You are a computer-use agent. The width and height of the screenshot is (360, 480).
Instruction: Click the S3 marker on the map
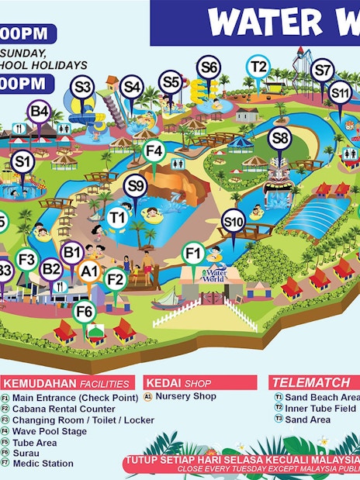coord(82,87)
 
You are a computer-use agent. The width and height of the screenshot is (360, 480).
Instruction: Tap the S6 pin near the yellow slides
coord(209,68)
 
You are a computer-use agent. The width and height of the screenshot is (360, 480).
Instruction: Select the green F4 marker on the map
coord(154,150)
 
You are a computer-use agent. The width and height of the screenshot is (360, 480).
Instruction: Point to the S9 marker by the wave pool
coord(136,186)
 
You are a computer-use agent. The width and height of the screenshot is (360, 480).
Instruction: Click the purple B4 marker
coord(40,112)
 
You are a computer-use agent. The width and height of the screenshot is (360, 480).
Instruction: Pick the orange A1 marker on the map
coord(90,271)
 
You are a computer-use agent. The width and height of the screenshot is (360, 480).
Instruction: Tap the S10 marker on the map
coord(234,223)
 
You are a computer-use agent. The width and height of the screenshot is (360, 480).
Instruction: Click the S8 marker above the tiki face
coord(280,140)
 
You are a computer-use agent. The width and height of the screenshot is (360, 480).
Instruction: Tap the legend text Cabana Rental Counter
coord(64,409)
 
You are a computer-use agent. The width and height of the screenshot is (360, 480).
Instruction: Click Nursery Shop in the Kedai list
coord(185,395)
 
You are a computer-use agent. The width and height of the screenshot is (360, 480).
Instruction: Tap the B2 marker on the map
coord(51,269)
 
